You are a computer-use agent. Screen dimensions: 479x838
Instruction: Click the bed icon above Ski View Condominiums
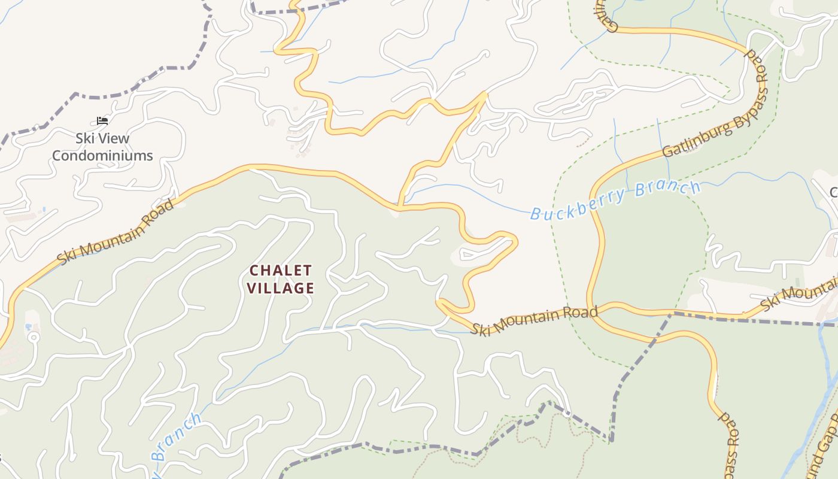(102, 120)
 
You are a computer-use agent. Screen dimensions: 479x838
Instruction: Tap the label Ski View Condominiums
(102, 147)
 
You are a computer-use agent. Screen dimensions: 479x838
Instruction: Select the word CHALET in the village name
(281, 271)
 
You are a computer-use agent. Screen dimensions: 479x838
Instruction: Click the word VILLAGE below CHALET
(281, 288)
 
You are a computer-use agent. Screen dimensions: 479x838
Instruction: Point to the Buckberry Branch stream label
(615, 200)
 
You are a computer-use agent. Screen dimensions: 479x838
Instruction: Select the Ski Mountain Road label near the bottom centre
(534, 320)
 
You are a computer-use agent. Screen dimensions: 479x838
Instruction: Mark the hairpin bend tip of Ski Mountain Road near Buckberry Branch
(516, 242)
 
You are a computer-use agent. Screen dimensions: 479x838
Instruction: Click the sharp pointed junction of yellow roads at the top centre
(485, 92)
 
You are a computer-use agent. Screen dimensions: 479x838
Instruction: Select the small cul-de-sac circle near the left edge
(33, 337)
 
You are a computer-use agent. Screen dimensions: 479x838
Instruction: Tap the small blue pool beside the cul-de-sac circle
(28, 328)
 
